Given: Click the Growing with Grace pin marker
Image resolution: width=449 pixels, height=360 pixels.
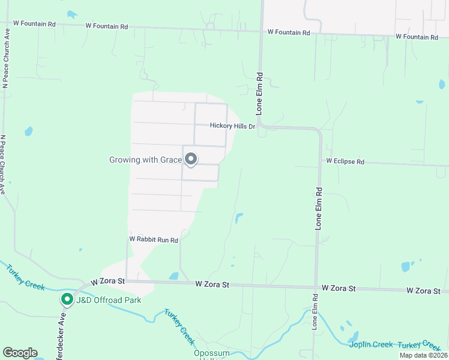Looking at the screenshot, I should coord(191,159).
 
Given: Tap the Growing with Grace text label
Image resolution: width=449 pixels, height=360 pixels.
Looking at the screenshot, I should coord(145,160).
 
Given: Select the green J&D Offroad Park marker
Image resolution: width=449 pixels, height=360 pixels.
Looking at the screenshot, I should coord(67,299).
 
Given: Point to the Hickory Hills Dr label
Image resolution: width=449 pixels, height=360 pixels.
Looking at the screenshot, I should coord(232,126).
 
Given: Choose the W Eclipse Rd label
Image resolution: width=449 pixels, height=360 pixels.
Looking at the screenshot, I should coord(345,161).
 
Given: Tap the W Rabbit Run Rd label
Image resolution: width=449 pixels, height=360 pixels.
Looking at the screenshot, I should coord(154,239).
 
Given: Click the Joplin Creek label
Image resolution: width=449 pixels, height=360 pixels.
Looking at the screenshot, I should coord(371,344).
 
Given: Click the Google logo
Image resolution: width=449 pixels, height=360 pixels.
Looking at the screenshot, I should coord(20,353).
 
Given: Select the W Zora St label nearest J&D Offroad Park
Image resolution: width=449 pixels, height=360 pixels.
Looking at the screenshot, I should coord(107,281).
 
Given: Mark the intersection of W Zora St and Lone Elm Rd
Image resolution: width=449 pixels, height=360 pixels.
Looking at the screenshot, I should coord(316,286).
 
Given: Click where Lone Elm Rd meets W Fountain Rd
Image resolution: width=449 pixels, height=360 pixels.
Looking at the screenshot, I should coord(262,31).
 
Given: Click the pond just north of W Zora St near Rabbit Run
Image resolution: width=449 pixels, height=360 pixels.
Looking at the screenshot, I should coord(173,276).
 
